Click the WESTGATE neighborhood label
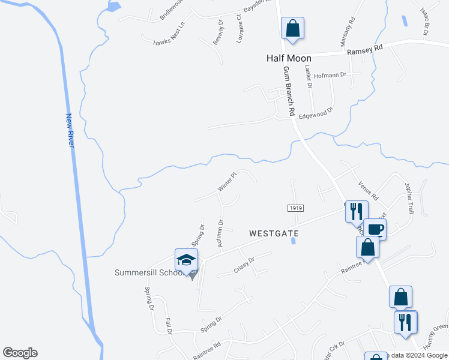(x=274, y=232)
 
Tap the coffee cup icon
(x=375, y=229)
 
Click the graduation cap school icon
(x=186, y=260)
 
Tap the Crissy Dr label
(x=244, y=263)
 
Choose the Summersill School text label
(x=148, y=273)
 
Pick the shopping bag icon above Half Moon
(x=292, y=28)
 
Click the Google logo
(x=20, y=353)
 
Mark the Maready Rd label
(x=349, y=28)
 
